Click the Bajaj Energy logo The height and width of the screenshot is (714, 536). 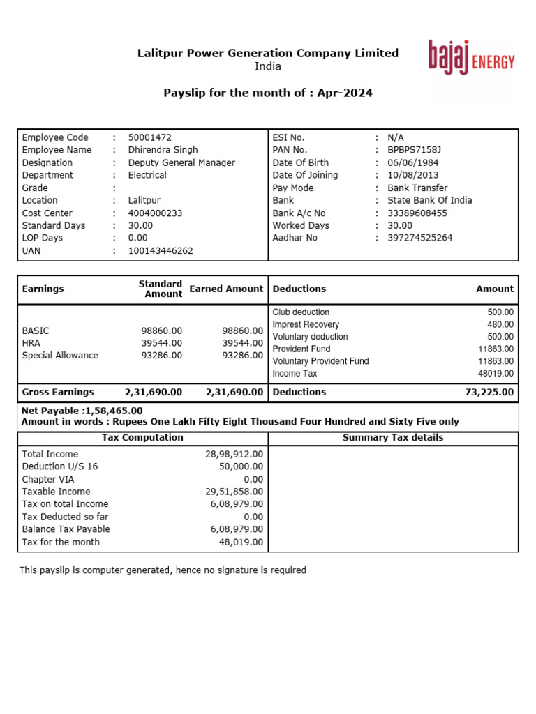pos(471,58)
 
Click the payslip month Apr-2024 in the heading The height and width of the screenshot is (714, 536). pos(345,93)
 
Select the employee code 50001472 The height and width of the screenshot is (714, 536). pos(149,137)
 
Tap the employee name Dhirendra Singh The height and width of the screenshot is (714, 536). pos(163,150)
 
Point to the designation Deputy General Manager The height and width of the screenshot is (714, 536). pos(181,162)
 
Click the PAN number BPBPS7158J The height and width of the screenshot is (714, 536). pos(414,150)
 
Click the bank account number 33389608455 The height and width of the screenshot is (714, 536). pos(417,213)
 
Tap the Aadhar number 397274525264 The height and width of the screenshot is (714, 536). pos(419,238)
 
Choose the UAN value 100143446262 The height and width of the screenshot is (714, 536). pos(161,250)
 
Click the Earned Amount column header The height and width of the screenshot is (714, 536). pos(226,289)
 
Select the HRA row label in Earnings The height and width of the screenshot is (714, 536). pos(31,343)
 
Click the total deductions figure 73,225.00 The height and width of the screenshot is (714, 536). pos(489,392)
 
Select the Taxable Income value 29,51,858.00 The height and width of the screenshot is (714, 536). pos(234,492)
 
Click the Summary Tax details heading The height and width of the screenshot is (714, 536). pos(393,438)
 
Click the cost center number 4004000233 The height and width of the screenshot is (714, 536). pos(155,213)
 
